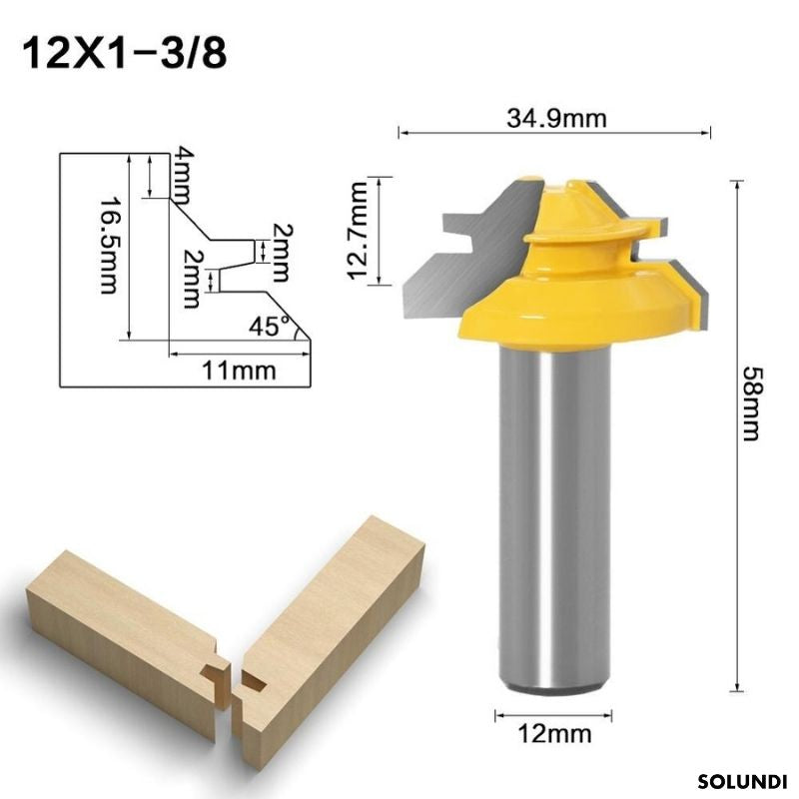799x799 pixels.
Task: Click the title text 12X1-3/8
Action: point(125,51)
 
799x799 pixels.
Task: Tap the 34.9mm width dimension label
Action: point(554,118)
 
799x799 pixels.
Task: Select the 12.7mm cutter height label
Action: point(361,231)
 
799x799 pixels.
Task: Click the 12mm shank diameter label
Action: point(555,735)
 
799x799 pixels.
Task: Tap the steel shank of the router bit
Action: point(555,519)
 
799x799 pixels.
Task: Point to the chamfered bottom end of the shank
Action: point(555,685)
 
